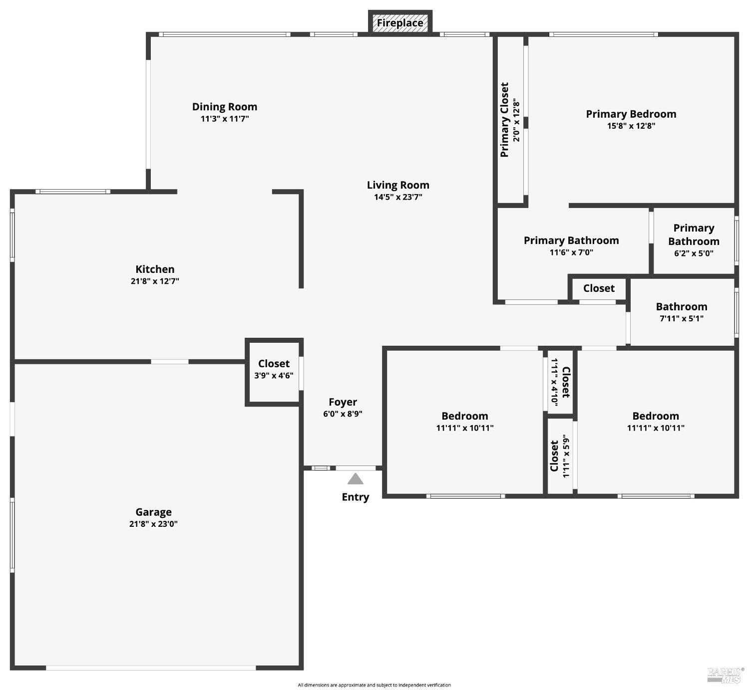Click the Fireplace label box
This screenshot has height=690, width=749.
(x=400, y=23)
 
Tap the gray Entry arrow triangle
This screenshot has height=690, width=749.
(x=355, y=479)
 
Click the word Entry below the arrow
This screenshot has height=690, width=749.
(x=355, y=497)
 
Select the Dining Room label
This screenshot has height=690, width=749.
(x=225, y=107)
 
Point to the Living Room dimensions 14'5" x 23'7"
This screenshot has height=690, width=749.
(x=398, y=197)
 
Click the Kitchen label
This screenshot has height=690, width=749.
(x=155, y=269)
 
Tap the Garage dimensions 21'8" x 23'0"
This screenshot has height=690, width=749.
(x=153, y=524)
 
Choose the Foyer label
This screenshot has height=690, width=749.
(x=343, y=402)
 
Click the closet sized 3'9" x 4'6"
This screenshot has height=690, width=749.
(x=274, y=369)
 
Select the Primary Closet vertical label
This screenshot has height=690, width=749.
(x=504, y=120)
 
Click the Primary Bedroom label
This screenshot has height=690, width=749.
(x=631, y=114)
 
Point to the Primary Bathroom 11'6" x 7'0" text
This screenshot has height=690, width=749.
(x=571, y=252)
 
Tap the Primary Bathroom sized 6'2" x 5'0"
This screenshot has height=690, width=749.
(x=694, y=240)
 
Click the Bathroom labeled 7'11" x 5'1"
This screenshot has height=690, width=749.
(x=681, y=312)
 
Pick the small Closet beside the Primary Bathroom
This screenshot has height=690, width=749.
(x=599, y=288)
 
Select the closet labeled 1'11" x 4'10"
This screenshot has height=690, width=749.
(x=560, y=382)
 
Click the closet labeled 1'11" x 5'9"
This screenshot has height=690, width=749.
(x=560, y=456)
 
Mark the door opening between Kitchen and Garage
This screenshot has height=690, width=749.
(x=170, y=361)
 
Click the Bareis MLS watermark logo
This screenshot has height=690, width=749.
(x=725, y=675)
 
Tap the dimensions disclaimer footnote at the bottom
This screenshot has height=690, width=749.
(x=374, y=685)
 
